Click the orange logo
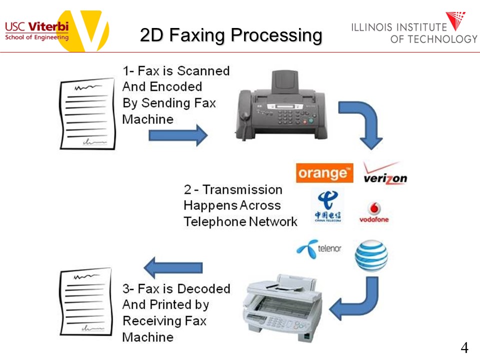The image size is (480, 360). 324,173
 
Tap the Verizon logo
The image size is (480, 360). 385,173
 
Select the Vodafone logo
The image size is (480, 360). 374,212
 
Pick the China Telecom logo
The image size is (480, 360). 328,206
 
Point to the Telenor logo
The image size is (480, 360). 319,248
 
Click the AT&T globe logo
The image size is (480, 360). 371,255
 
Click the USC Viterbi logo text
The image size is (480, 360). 36,30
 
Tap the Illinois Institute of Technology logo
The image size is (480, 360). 414,28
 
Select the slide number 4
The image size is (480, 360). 464,348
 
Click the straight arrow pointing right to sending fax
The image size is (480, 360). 178,135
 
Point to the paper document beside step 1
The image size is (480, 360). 87,113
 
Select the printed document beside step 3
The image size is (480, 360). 86,301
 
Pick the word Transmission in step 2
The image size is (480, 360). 242,190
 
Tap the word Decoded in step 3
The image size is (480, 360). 203,288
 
